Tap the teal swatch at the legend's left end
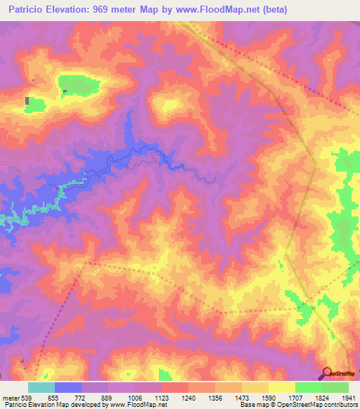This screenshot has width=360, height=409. [x=41, y=387]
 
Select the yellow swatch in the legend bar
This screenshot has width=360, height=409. [x=282, y=387]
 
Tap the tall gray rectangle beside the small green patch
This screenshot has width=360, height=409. [x=27, y=101]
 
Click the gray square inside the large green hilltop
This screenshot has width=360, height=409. [x=65, y=91]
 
